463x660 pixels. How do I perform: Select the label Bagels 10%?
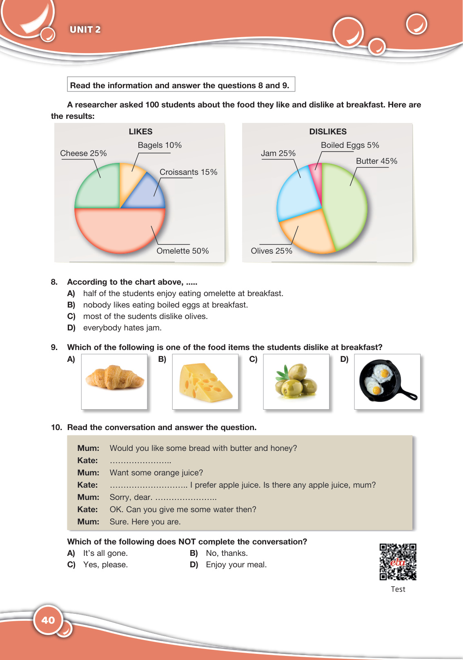(160, 145)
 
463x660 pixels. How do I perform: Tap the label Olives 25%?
(272, 251)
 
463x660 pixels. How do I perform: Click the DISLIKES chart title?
(328, 132)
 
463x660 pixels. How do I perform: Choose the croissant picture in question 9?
(114, 381)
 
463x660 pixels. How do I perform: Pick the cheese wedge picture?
(205, 381)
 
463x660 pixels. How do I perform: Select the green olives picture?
(296, 381)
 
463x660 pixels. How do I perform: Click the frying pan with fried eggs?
(387, 381)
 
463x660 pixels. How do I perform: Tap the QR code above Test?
(398, 562)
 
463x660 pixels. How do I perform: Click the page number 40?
(48, 620)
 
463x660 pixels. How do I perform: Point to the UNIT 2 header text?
(85, 29)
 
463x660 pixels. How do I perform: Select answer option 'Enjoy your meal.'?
(236, 564)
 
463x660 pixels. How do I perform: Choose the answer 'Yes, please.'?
(105, 564)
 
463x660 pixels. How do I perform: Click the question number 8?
(54, 282)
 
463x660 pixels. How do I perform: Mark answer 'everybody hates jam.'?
(122, 328)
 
